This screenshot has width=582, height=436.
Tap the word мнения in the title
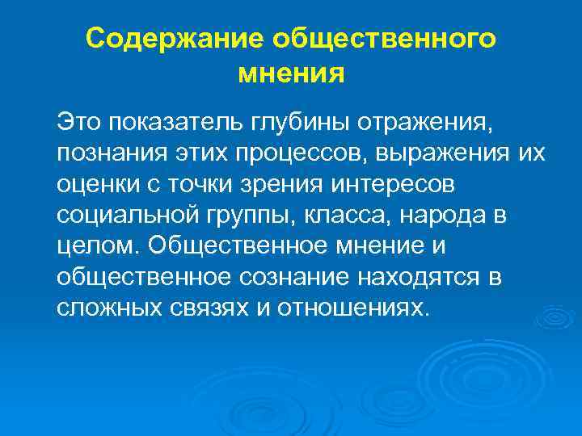click(292, 74)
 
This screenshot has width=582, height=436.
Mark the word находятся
click(426, 278)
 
